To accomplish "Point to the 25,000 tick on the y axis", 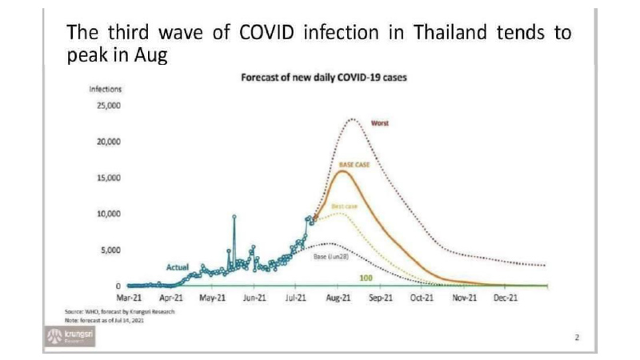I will pos(108,106).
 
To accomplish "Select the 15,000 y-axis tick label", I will pos(108,178).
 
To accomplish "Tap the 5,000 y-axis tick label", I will pos(110,250).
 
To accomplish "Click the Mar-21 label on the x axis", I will pos(129,297).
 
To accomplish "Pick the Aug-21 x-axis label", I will pos(338,297).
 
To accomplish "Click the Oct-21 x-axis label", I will pos(422,297).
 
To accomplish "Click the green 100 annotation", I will pos(366,277).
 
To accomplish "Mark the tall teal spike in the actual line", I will pos(234,217).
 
